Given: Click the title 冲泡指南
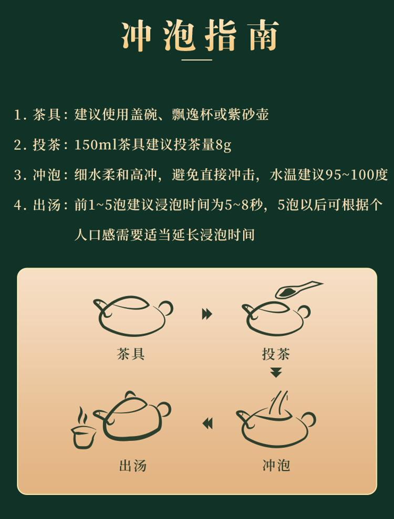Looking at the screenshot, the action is point(200,36).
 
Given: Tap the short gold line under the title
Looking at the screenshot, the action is point(197,60).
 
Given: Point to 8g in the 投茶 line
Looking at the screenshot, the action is point(223,145).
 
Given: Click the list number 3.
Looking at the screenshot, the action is point(18,175).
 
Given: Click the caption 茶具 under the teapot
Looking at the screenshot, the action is point(131,354).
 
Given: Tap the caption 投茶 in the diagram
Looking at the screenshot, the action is point(276,354).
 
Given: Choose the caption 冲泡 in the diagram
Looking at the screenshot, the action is point(276,465).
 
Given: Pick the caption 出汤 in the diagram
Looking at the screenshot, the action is point(132,465).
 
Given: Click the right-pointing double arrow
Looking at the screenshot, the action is point(207,314).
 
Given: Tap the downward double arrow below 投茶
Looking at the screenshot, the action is point(276,372).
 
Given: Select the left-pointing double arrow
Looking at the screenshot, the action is point(208,423).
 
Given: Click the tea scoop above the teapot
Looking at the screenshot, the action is point(298,289).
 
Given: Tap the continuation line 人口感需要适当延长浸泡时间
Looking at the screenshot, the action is point(164,235).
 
